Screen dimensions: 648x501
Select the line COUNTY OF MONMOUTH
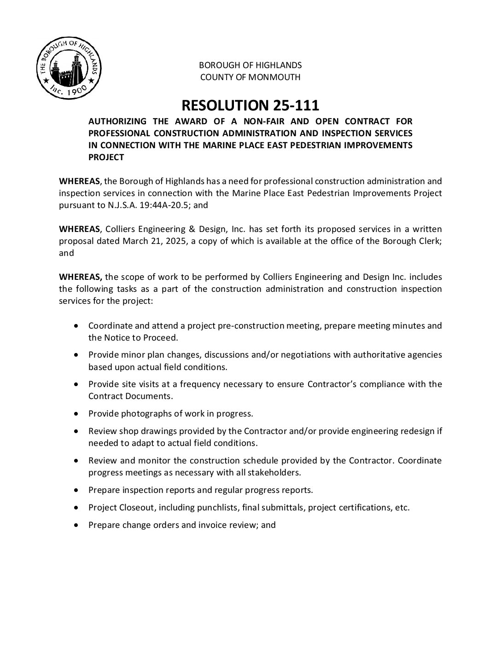point(250,77)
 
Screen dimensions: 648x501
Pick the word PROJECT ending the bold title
point(106,157)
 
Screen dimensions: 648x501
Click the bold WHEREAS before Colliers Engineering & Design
point(79,229)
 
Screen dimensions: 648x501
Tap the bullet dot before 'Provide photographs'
point(76,413)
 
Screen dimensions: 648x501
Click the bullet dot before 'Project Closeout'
point(76,507)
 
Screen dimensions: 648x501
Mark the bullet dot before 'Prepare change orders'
point(76,525)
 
